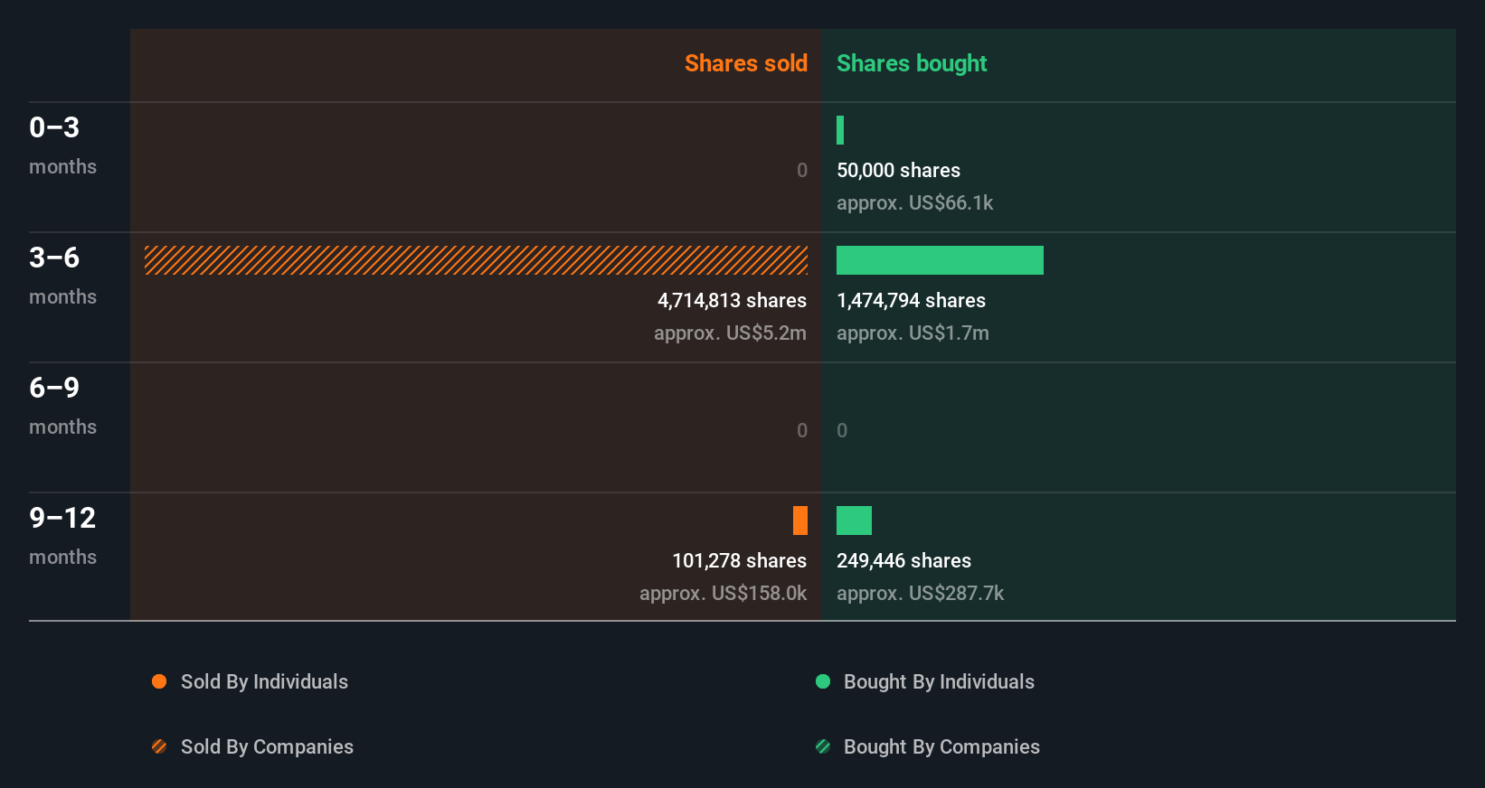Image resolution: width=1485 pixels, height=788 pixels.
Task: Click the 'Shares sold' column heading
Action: tap(745, 63)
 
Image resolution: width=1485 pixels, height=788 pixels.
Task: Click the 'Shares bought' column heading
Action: tap(911, 63)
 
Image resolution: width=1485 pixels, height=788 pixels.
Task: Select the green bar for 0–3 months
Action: tap(840, 130)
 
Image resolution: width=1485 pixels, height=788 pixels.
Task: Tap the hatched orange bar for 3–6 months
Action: tap(476, 260)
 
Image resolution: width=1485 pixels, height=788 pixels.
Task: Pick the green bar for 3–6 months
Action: tap(940, 260)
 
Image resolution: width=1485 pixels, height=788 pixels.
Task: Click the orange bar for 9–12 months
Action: tap(800, 521)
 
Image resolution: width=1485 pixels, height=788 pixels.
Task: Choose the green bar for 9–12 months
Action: tap(854, 521)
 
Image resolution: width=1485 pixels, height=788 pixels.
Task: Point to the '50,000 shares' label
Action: tap(898, 170)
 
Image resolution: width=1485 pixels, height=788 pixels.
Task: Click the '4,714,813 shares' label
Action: tap(732, 300)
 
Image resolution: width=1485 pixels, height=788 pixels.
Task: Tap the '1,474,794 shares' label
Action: tap(911, 300)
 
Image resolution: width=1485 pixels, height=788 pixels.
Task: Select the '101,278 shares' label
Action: tap(739, 560)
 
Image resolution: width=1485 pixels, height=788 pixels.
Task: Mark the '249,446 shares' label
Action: tap(903, 560)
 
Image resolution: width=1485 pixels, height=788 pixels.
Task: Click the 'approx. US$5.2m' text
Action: tap(730, 333)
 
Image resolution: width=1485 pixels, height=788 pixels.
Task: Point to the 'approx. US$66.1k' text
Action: tap(914, 202)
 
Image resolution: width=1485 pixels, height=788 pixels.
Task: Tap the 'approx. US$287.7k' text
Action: tap(920, 593)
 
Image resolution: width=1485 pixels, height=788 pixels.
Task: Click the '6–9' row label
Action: tap(54, 388)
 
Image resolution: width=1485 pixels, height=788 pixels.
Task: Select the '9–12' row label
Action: tap(62, 518)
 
